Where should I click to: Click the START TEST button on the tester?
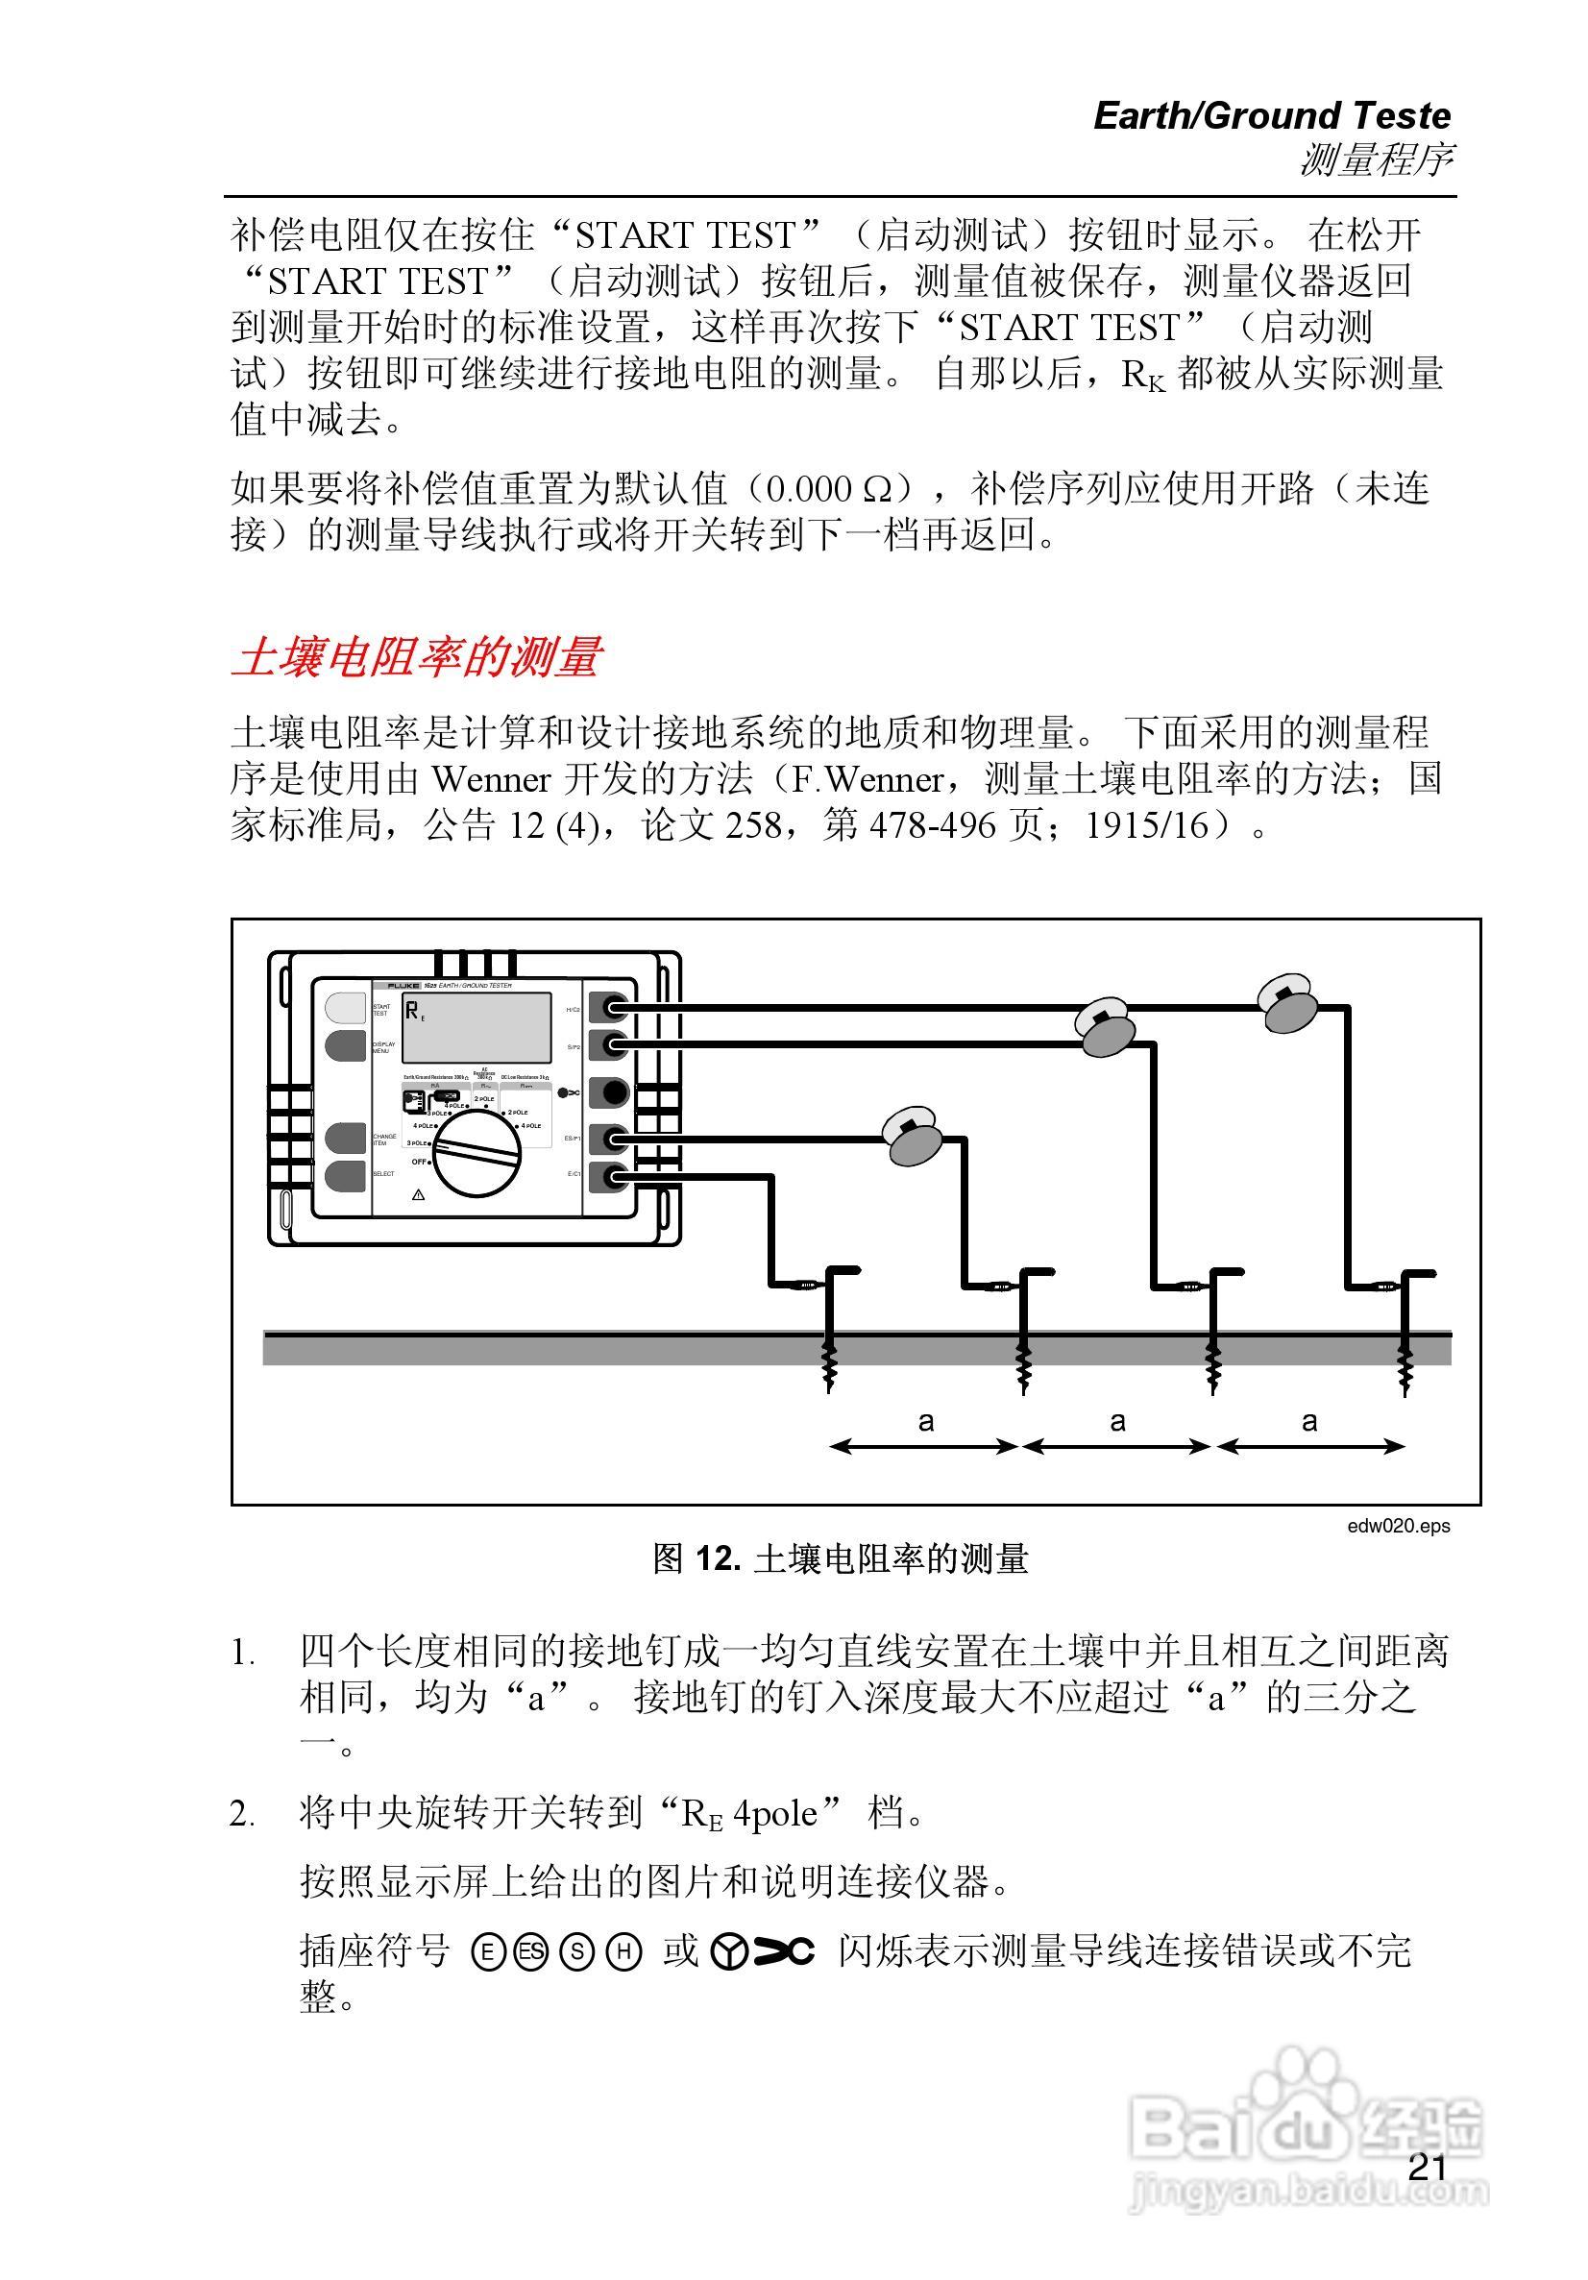pos(345,1008)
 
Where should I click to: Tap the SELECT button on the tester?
pos(345,1176)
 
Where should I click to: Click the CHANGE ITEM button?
pos(345,1138)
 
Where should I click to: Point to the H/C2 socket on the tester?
pos(609,1008)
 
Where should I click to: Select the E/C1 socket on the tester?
pos(609,1177)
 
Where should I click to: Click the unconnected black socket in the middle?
pos(609,1092)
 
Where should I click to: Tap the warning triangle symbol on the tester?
pos(418,1194)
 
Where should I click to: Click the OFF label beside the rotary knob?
pos(419,1162)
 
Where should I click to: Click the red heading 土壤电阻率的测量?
pos(417,657)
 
